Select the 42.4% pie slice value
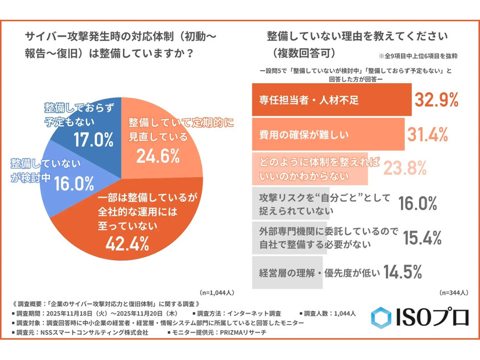point(132,243)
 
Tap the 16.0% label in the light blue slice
point(74,183)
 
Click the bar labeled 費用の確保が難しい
point(328,135)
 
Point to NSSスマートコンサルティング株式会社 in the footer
point(98,333)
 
